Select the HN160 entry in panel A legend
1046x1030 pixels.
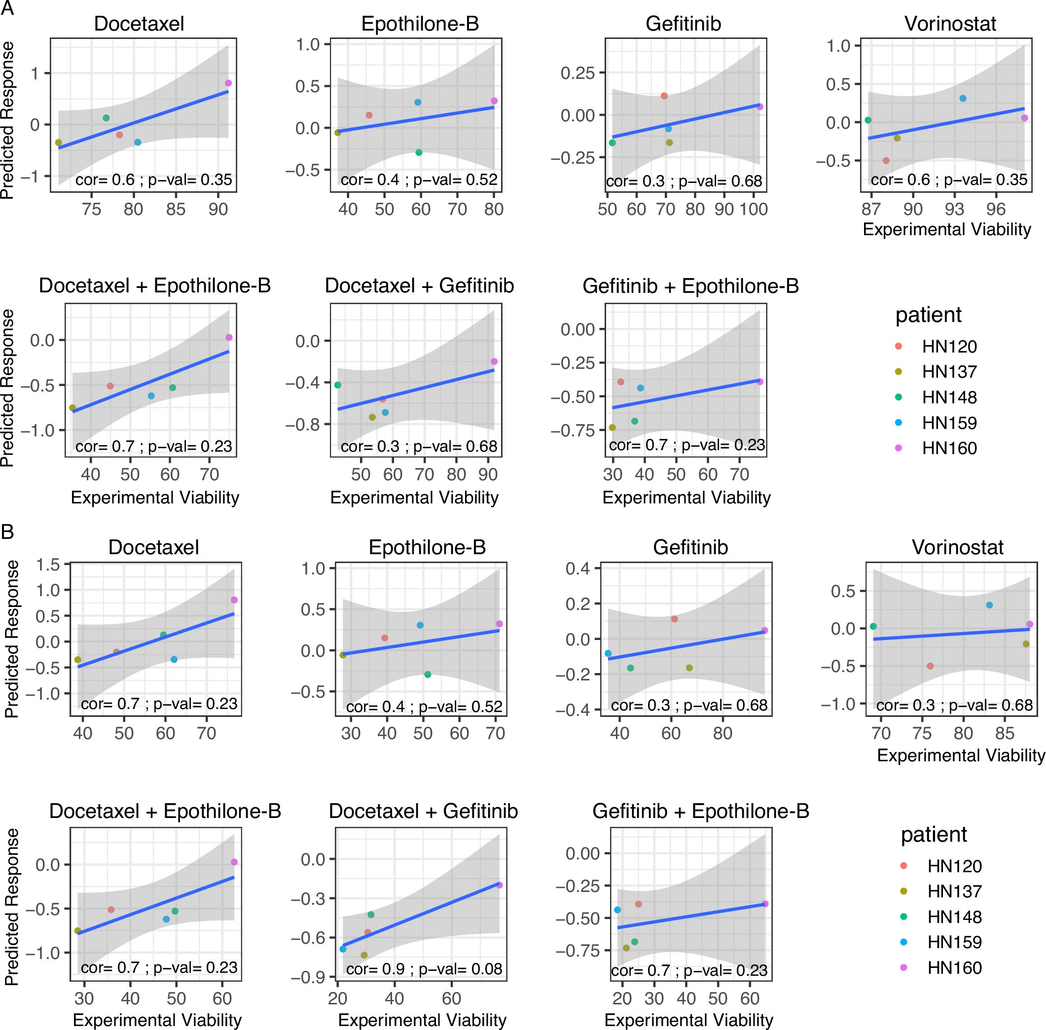949,449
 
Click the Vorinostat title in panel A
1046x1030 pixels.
950,24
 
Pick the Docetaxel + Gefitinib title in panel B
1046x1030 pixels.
423,811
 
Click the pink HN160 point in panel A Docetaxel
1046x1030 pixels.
228,83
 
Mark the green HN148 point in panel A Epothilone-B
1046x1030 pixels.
419,152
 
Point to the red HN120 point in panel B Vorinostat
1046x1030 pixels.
930,666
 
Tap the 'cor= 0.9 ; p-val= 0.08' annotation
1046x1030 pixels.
424,969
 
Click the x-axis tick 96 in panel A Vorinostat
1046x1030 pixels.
995,210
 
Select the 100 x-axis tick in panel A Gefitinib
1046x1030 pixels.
753,210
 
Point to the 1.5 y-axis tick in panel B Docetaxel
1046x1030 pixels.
48,565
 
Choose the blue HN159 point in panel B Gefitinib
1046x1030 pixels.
608,653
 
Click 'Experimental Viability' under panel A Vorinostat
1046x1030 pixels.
946,229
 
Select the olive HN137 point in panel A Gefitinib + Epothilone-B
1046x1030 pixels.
613,427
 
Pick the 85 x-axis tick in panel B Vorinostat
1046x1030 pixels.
1005,734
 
